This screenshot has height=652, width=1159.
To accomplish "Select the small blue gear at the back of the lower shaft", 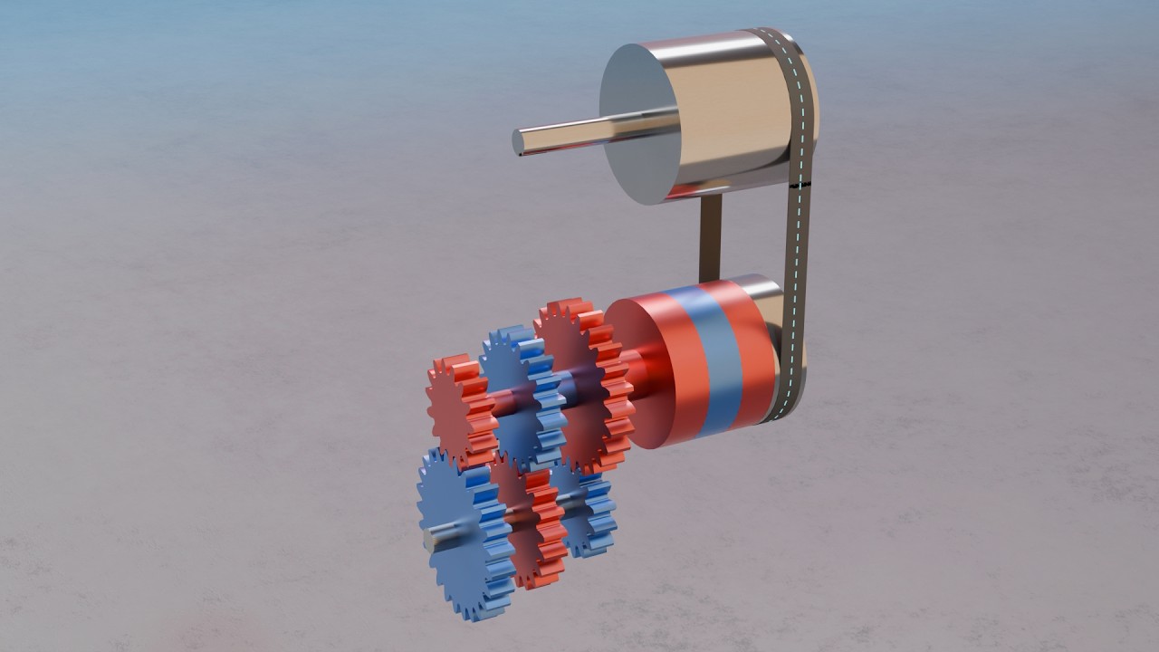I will coord(589,512).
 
